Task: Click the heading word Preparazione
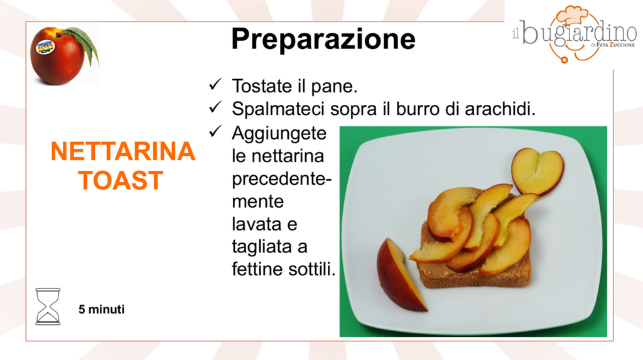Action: tap(323, 40)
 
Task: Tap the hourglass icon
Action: tap(48, 307)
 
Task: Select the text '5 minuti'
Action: tap(101, 309)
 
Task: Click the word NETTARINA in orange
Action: tap(122, 151)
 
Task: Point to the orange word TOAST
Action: tap(121, 180)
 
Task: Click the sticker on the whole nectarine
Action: tap(45, 47)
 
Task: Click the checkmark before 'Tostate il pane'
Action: tap(215, 85)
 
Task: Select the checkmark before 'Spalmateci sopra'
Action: tap(215, 107)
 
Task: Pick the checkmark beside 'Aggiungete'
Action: tap(215, 131)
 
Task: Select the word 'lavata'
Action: tap(256, 224)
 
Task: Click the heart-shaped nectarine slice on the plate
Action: tap(538, 171)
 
